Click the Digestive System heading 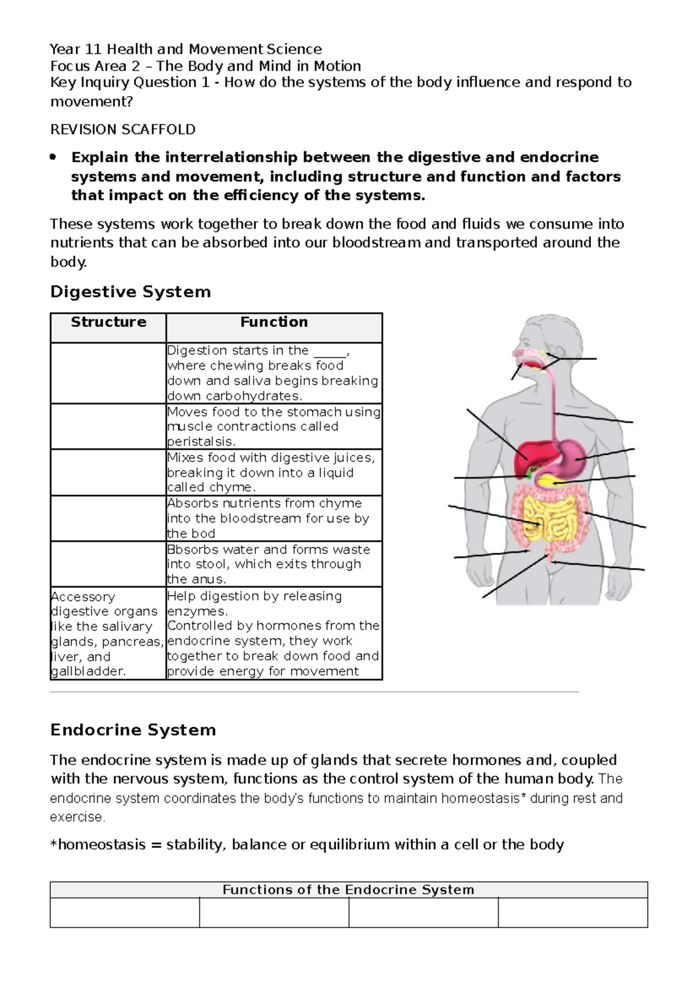(130, 292)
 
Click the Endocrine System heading (133, 730)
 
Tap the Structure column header (108, 322)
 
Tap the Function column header (274, 322)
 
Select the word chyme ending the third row (232, 488)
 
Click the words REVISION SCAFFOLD (123, 129)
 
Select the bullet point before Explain (54, 157)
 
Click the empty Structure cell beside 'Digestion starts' (108, 373)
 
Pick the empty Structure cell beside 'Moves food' (108, 427)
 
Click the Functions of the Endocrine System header (348, 890)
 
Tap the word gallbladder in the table (87, 672)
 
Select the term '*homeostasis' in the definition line (98, 844)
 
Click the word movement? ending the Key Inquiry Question (91, 102)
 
